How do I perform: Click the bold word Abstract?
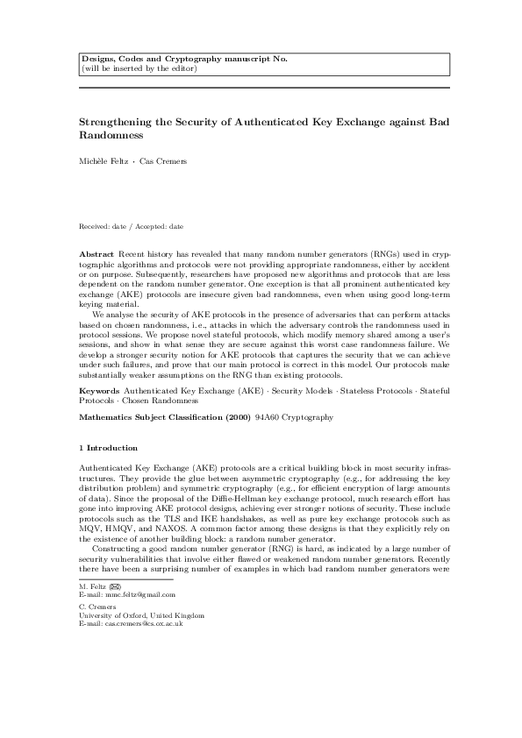point(96,252)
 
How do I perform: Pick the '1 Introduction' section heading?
point(108,448)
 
